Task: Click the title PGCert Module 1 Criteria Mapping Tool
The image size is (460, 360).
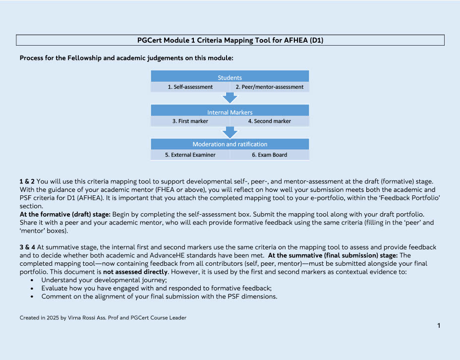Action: [230, 40]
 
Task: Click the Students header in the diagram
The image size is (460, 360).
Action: [230, 77]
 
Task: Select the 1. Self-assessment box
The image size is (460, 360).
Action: [190, 87]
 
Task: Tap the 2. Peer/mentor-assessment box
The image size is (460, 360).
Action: [269, 87]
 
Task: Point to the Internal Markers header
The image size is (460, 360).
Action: [230, 112]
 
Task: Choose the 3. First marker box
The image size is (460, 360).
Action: [190, 121]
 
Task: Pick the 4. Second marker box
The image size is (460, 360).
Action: [269, 121]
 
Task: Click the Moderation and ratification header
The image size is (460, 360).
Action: [230, 144]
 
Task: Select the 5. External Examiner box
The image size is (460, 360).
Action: [190, 155]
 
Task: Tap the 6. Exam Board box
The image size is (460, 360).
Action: [269, 155]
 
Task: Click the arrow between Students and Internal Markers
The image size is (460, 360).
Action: [230, 98]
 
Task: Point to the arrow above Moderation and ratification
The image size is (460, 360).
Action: [230, 132]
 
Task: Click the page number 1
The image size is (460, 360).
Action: [439, 325]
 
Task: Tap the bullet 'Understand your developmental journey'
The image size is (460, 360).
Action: [94, 280]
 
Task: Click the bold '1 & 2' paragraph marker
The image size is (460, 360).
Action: [27, 181]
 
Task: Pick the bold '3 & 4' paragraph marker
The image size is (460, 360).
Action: [27, 247]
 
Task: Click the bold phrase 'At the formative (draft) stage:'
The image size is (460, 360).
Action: [65, 214]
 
